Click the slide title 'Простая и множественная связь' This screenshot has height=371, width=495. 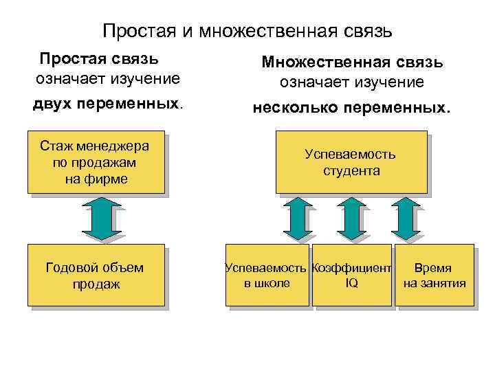247,31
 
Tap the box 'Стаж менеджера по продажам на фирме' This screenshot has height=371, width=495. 96,162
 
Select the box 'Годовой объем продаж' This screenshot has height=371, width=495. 96,275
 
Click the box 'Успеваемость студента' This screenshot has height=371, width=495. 351,162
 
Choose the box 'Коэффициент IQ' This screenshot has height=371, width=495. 351,275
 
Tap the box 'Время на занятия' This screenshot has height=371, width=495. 434,275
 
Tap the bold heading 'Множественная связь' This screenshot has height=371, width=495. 352,63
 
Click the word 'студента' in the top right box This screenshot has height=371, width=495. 351,170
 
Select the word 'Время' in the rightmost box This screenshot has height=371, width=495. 432,268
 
